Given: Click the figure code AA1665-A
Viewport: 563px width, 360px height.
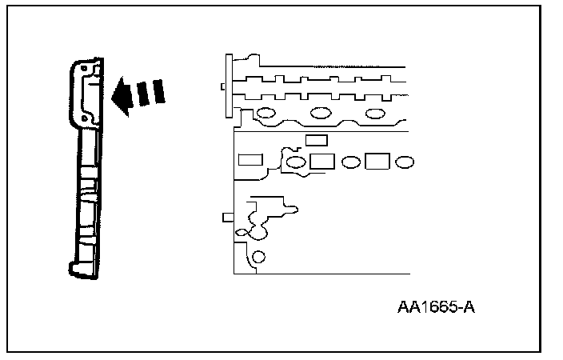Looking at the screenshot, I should click(435, 307).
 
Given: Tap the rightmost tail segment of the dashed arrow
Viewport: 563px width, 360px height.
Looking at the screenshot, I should click(160, 90).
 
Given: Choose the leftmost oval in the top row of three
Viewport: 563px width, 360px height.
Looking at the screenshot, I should click(267, 113).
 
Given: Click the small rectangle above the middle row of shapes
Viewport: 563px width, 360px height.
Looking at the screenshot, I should click(317, 140).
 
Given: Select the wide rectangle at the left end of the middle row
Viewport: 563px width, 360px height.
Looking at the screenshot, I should click(251, 158).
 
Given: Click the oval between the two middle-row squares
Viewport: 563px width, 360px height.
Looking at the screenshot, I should click(350, 162).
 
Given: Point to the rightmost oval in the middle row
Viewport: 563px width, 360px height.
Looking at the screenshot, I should click(405, 162).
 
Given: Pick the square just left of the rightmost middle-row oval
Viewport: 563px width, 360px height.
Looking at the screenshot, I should click(377, 162).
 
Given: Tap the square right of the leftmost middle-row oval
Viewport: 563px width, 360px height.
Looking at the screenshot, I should click(321, 161).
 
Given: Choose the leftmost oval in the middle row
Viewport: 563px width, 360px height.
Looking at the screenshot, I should click(296, 163).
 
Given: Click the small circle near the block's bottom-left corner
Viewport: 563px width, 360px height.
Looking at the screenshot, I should click(258, 257).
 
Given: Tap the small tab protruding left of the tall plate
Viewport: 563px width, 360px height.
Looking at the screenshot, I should click(222, 86).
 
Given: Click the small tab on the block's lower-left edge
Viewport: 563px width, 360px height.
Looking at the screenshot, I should click(227, 216).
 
